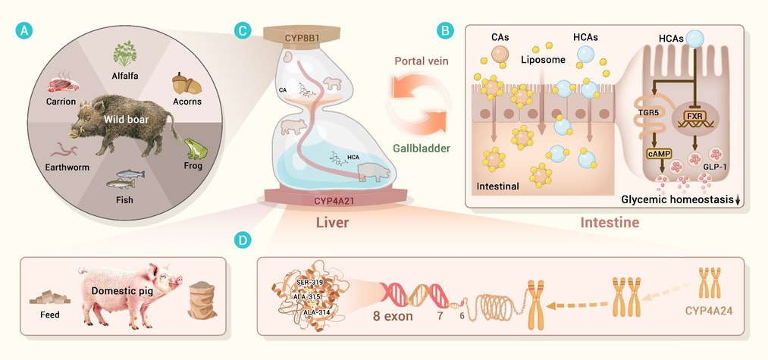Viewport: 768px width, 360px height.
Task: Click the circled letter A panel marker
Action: pyautogui.click(x=24, y=31)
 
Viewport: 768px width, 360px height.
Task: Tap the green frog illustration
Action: pyautogui.click(x=196, y=149)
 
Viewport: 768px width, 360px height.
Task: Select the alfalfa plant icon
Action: pyautogui.click(x=125, y=54)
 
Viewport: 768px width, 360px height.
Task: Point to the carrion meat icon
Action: pyautogui.click(x=63, y=84)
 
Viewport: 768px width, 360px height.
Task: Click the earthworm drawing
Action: pyautogui.click(x=71, y=149)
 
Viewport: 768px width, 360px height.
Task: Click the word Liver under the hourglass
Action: pyautogui.click(x=332, y=223)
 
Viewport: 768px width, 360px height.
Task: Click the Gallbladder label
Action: pyautogui.click(x=422, y=148)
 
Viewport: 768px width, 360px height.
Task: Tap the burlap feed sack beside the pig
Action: pyautogui.click(x=202, y=300)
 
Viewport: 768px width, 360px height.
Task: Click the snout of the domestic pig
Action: pyautogui.click(x=178, y=280)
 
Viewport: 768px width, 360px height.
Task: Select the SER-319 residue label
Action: pyautogui.click(x=308, y=283)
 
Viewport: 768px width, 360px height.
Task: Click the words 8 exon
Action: pyautogui.click(x=393, y=316)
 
